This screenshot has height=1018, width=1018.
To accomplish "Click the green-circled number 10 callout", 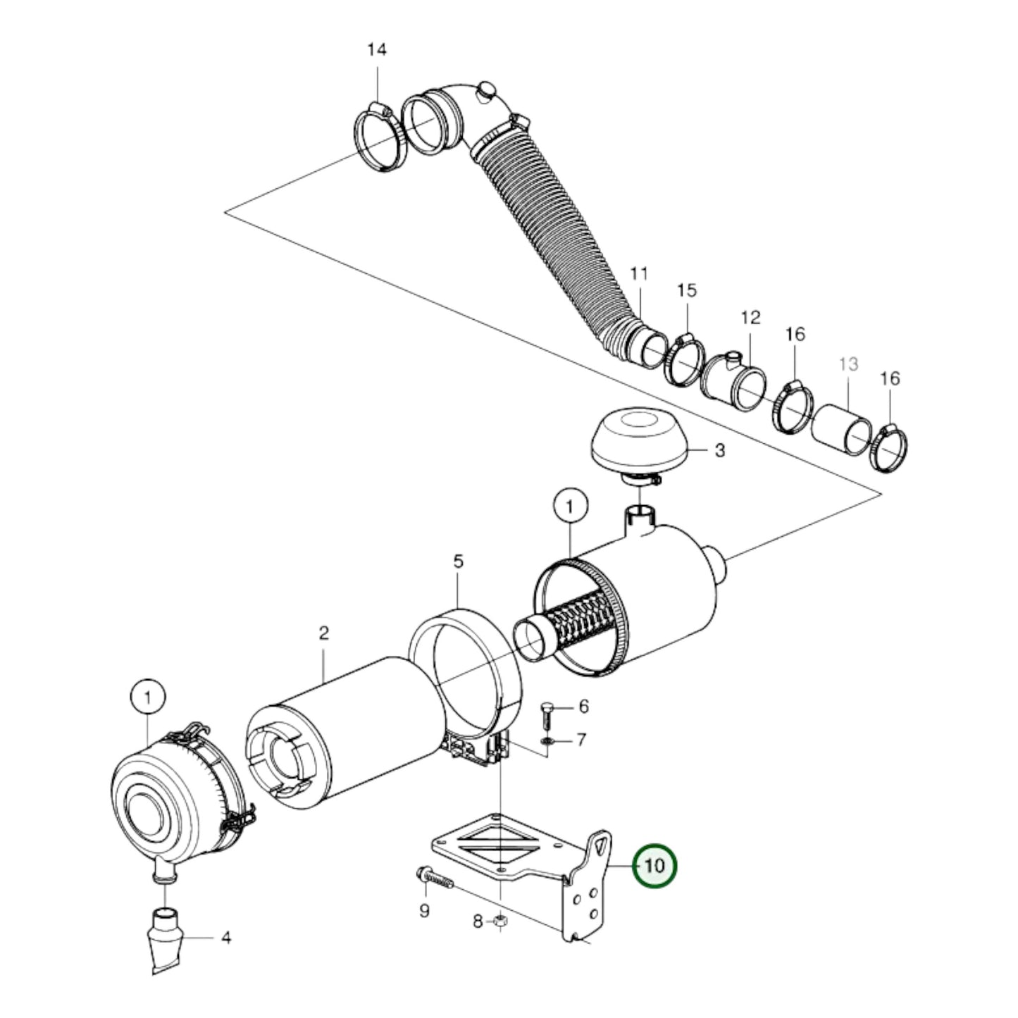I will coord(654,864).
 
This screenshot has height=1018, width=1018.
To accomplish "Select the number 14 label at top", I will coord(377,49).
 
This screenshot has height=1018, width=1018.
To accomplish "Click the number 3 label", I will coord(719,450).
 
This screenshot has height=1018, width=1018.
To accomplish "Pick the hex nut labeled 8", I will coord(499,921).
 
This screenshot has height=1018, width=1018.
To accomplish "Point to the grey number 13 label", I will coord(849,364).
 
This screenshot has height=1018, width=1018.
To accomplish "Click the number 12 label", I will coord(751,317).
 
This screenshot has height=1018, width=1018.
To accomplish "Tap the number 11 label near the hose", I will coord(638,273).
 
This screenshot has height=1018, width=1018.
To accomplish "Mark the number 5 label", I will coord(458,562).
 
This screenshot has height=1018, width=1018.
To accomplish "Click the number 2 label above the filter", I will coord(323,633).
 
